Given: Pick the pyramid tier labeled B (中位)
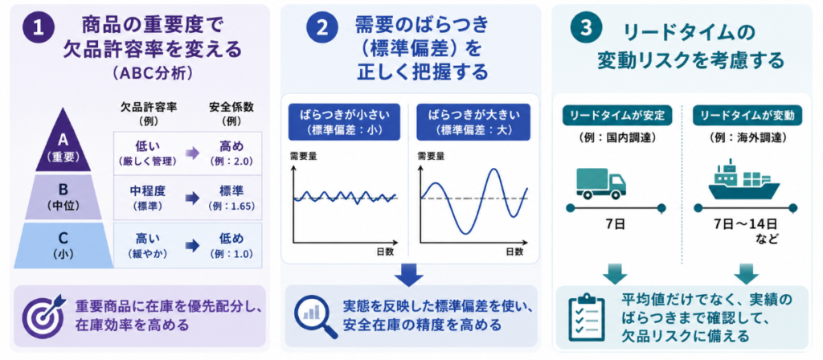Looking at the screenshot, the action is point(63,197).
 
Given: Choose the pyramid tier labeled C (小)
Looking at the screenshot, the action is point(63,245).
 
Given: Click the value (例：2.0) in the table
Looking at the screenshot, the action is point(231,161).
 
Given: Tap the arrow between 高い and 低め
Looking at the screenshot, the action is point(193,246).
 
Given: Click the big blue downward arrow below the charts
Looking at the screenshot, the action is point(410,274).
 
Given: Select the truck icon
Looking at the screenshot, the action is point(601,182).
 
